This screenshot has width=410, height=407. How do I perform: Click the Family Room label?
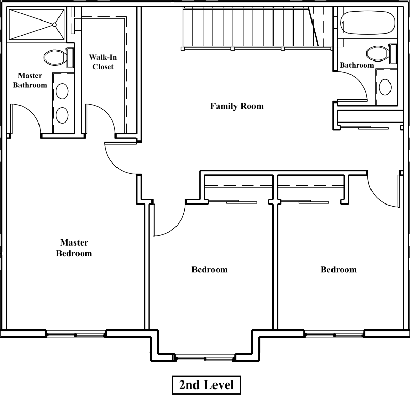(237, 106)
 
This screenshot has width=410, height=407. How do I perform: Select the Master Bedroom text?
(74, 248)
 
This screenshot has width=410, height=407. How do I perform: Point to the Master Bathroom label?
(30, 80)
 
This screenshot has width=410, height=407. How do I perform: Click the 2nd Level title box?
(206, 384)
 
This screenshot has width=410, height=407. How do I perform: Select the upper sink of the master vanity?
(62, 91)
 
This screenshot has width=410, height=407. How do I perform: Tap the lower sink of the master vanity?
(62, 114)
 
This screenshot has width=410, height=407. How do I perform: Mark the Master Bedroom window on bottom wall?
(76, 333)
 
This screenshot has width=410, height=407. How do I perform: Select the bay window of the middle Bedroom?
(205, 357)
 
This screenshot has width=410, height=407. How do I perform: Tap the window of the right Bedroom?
(335, 333)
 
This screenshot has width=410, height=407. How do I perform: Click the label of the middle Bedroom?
(209, 270)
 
